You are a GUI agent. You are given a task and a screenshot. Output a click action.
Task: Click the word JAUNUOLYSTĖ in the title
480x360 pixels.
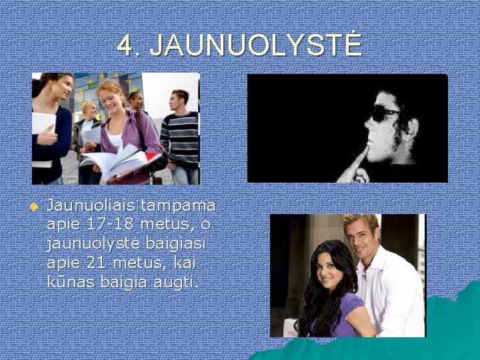(255, 46)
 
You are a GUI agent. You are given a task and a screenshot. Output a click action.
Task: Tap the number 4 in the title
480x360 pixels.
(125, 46)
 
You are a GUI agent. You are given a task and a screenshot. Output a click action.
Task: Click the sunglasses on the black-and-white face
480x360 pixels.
(385, 115)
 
